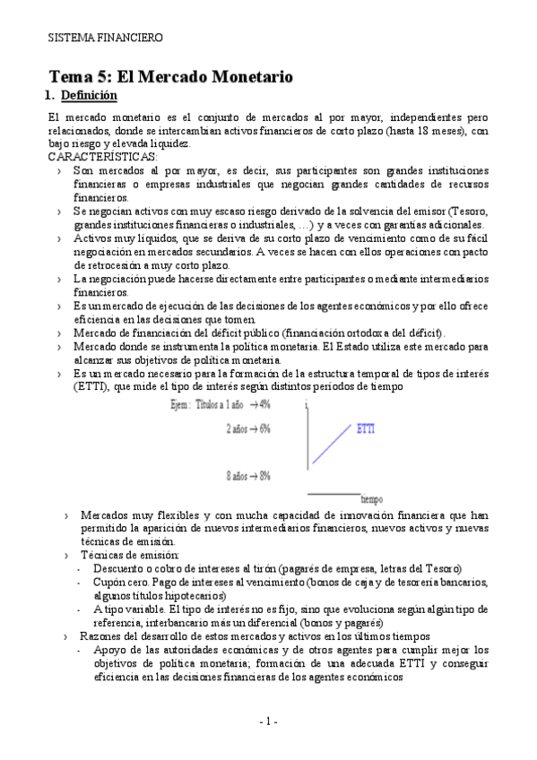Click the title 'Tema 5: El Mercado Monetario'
click(x=170, y=76)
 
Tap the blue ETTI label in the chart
click(x=366, y=428)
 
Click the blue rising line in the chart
click(x=332, y=445)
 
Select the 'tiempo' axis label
click(x=373, y=498)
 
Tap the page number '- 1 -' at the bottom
click(x=268, y=721)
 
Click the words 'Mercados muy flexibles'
click(x=138, y=516)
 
